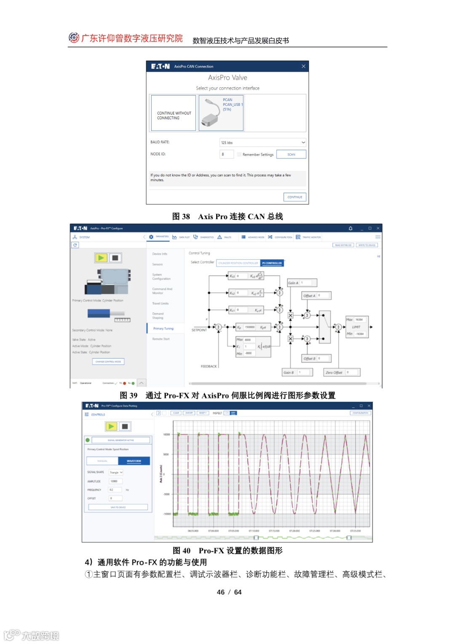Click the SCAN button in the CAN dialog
click(x=291, y=154)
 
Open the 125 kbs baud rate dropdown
click(x=263, y=142)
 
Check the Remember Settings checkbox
click(x=239, y=154)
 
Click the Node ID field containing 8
click(x=227, y=154)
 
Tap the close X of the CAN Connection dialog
click(x=303, y=66)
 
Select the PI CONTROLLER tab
click(x=272, y=263)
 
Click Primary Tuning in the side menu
click(x=163, y=328)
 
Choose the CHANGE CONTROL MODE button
click(x=108, y=362)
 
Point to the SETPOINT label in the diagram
click(x=199, y=330)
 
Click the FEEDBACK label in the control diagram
click(x=209, y=366)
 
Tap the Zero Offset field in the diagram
click(x=352, y=372)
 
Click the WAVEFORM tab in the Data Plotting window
click(x=134, y=461)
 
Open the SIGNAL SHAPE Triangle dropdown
click(x=116, y=472)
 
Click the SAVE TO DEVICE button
click(x=118, y=507)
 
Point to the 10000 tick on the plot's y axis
click(x=166, y=434)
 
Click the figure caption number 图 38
click(x=181, y=217)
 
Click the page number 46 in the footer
click(x=221, y=592)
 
